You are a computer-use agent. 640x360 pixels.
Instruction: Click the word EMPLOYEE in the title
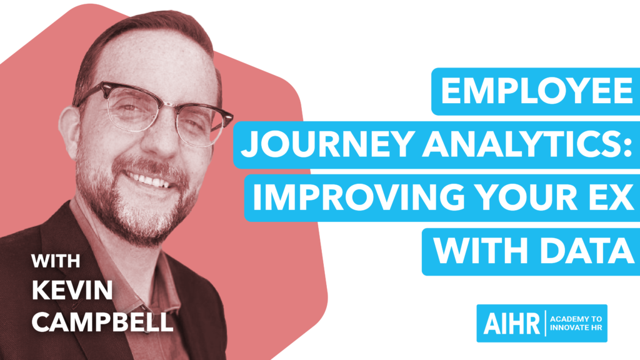537,91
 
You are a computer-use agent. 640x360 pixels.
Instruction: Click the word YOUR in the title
526,197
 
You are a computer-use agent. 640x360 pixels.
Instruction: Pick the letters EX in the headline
609,197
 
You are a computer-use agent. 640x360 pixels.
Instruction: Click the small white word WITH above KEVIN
56,261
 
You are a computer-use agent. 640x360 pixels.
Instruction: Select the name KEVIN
72,290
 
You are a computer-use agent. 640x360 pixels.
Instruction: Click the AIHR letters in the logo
512,323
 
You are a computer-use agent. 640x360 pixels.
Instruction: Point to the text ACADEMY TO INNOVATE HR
576,323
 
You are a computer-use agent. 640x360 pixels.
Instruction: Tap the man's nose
164,135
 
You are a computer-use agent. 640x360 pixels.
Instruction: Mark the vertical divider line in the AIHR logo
546,323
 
